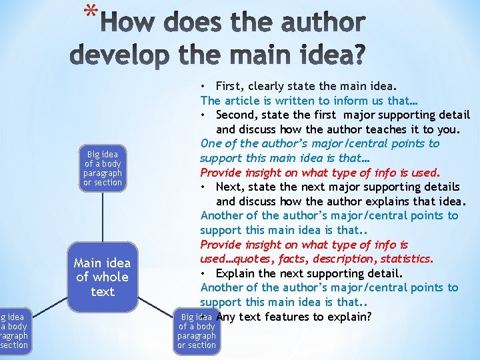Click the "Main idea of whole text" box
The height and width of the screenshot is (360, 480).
point(103,277)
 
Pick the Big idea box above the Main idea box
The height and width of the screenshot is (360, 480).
point(103,168)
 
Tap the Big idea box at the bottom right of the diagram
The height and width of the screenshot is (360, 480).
point(197,331)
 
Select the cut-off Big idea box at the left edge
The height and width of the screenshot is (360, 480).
point(13,331)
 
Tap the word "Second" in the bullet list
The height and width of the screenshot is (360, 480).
point(235,115)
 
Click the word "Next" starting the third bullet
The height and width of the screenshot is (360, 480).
point(229,187)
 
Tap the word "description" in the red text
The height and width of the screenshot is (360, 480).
point(344,259)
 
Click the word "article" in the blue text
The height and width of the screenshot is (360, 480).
point(241,101)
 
